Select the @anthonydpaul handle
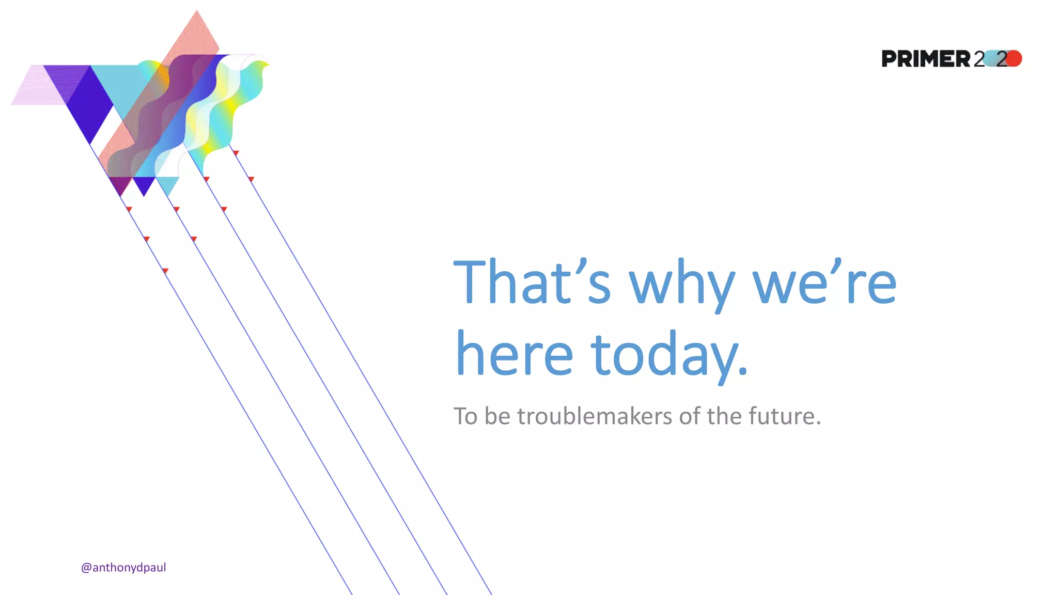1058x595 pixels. pyautogui.click(x=123, y=568)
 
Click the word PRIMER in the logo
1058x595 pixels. pyautogui.click(x=926, y=59)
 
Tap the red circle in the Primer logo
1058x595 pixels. pyautogui.click(x=1014, y=58)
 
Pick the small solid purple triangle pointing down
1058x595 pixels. pyautogui.click(x=144, y=185)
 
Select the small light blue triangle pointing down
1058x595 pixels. pyautogui.click(x=167, y=184)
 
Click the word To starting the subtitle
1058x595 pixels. pyautogui.click(x=465, y=416)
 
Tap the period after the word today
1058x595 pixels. pyautogui.click(x=742, y=371)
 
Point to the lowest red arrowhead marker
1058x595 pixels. pyautogui.click(x=165, y=271)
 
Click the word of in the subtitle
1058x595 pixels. pyautogui.click(x=690, y=416)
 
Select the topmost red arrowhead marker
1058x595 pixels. pyautogui.click(x=236, y=153)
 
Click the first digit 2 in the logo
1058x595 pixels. pyautogui.click(x=979, y=59)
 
